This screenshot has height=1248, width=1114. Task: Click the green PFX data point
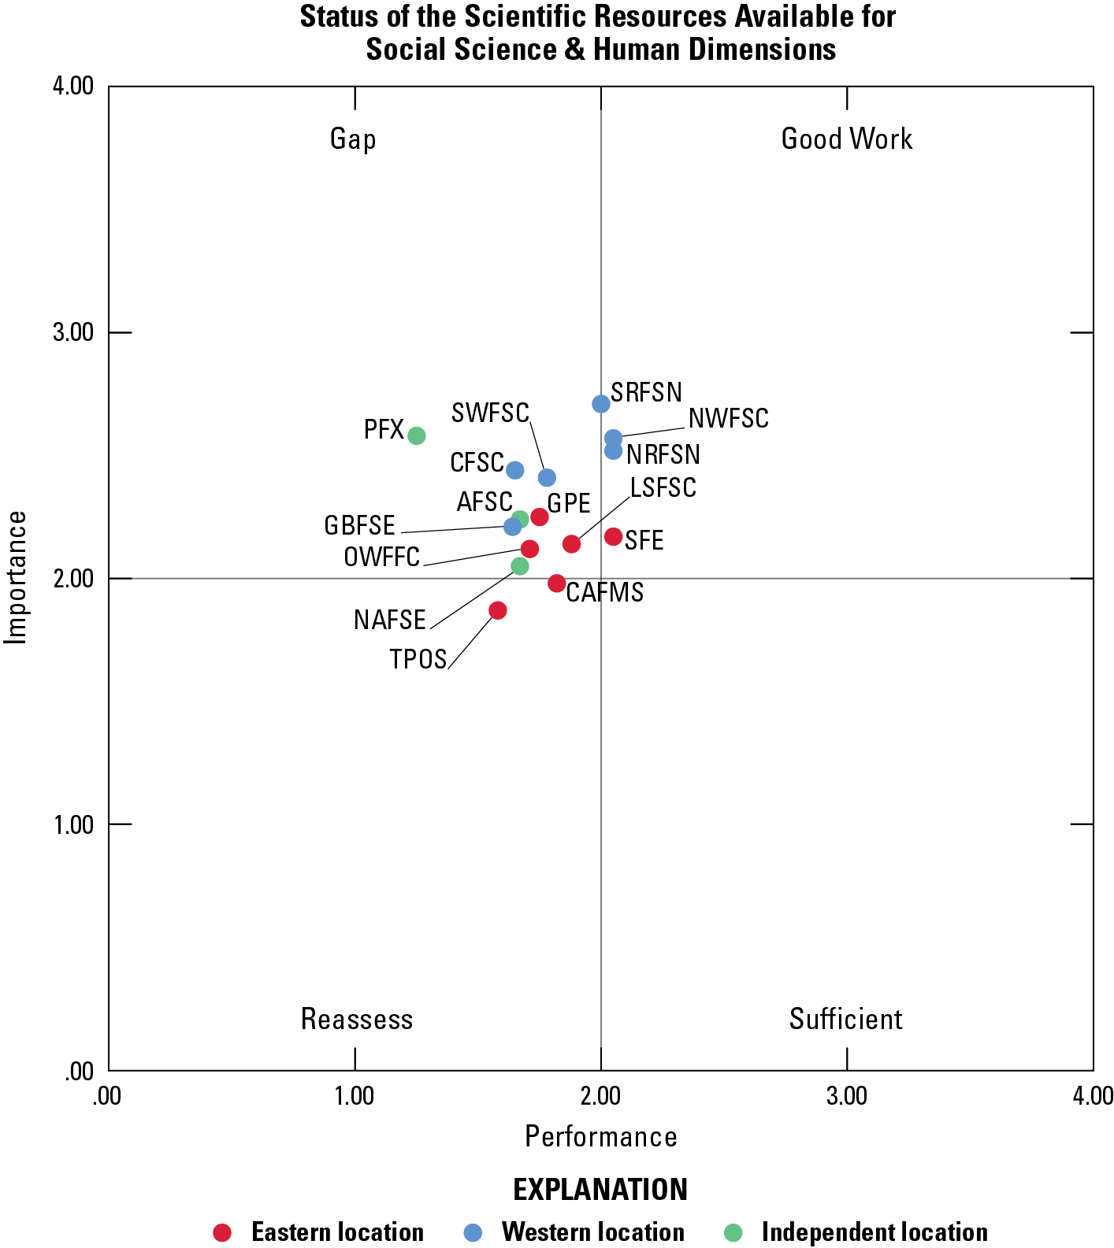(417, 435)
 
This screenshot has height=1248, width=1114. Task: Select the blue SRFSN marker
(601, 404)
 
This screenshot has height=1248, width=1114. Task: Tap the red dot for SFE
(613, 537)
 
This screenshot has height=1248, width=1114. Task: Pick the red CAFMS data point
(557, 583)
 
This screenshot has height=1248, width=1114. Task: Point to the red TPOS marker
(497, 610)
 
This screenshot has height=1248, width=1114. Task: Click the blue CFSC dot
(514, 470)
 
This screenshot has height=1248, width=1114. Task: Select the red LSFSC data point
(571, 544)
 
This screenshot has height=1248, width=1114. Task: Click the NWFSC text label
(728, 419)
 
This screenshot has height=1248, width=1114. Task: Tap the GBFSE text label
(359, 525)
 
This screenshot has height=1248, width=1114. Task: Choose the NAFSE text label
(389, 620)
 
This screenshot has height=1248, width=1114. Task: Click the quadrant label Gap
(353, 139)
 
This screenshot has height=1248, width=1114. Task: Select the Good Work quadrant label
(846, 139)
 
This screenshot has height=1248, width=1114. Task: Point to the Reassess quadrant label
(356, 1020)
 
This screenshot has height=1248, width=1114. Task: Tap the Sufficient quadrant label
(845, 1020)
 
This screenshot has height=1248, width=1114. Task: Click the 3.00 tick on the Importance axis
(73, 332)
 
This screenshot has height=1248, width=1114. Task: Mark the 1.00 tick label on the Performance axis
(355, 1096)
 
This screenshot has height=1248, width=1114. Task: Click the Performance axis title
(600, 1137)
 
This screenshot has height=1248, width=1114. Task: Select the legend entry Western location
(592, 1232)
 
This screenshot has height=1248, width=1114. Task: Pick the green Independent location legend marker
(733, 1232)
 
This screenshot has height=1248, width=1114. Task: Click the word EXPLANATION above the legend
(600, 1190)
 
